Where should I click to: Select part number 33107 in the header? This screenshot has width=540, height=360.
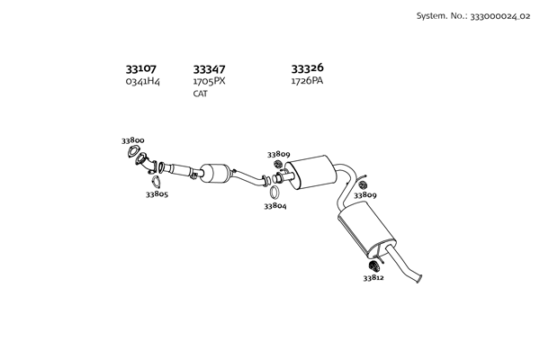(x=140, y=68)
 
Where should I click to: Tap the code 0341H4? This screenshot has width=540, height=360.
(x=142, y=81)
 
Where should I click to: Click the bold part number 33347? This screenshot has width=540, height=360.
(x=209, y=68)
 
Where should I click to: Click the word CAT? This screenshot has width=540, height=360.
(x=200, y=94)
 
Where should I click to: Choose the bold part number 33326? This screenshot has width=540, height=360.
(x=307, y=67)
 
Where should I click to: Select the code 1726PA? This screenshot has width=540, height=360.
(x=306, y=81)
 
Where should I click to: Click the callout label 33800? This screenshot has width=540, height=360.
(x=133, y=140)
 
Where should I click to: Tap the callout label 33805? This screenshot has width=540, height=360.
(x=157, y=193)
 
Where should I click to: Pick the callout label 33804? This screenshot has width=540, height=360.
(x=274, y=206)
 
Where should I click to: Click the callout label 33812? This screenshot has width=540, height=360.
(x=373, y=278)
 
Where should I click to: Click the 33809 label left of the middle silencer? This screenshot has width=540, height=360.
(x=278, y=154)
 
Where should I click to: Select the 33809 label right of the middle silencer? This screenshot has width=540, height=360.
(x=364, y=194)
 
